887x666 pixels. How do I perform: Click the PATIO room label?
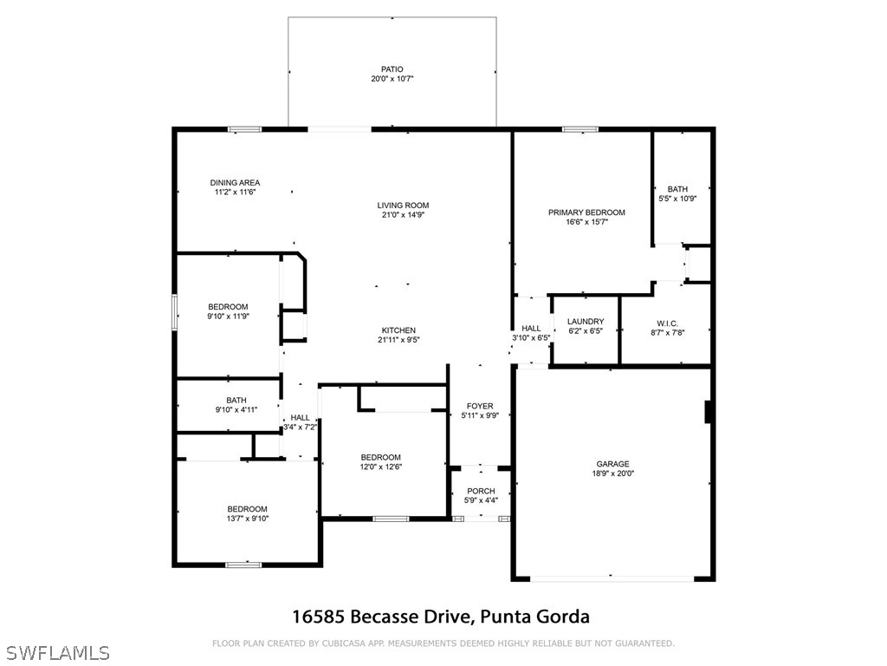[x=392, y=69]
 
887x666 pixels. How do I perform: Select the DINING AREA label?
[x=235, y=182]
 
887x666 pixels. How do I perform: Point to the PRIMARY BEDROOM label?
[x=586, y=212]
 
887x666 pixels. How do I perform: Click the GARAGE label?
[x=612, y=464]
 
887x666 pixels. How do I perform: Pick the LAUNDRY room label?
[x=586, y=322]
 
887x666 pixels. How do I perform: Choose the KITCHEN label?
[x=398, y=330]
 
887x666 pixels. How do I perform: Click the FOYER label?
[x=480, y=406]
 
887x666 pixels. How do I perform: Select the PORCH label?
[x=481, y=491]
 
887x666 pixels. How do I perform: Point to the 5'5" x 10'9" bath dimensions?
[x=677, y=199]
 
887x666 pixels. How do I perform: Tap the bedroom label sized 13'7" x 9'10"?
[x=248, y=509]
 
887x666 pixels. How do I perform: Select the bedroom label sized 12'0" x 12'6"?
[x=381, y=458]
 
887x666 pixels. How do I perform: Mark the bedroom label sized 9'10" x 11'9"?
[x=228, y=307]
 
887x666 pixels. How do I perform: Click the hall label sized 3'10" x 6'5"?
[x=531, y=329]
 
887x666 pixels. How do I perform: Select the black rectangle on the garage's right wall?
[x=709, y=412]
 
